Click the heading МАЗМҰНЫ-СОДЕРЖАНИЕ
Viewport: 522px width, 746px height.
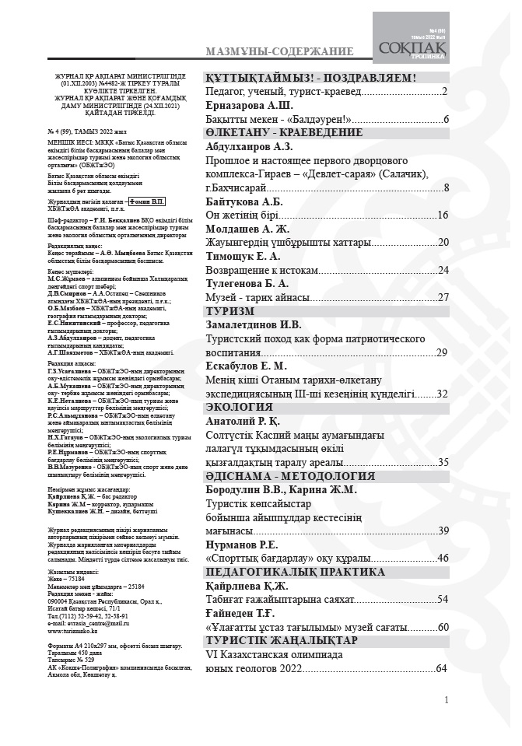click(279, 52)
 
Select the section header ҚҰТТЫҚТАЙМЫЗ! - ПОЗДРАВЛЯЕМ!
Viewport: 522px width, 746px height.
click(311, 78)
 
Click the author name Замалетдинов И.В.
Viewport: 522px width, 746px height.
click(254, 324)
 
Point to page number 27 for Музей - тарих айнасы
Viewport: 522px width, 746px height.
click(443, 297)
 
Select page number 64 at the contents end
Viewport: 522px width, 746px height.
click(441, 668)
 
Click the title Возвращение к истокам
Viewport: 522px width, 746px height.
click(261, 270)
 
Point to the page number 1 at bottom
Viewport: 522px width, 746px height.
click(446, 700)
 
